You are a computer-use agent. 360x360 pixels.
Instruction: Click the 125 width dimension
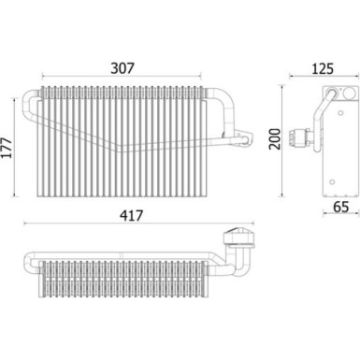pos(323,68)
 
